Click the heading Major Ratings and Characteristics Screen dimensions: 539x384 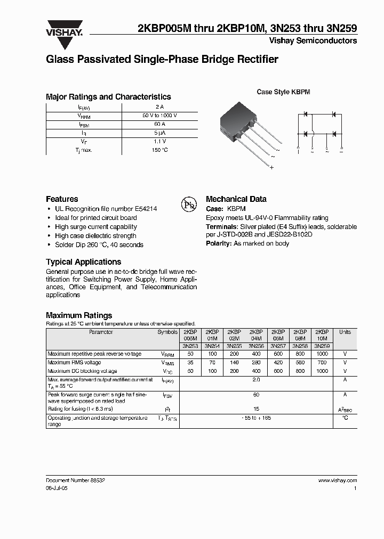pos(108,97)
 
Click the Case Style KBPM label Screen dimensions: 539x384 pos(283,92)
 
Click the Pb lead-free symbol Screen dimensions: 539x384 pos(188,205)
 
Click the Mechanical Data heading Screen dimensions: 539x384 pos(236,199)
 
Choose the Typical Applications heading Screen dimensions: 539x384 pos(83,262)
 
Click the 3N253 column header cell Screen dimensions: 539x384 pos(190,346)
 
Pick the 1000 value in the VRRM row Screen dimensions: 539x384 pos(322,354)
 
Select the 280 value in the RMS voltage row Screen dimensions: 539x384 pos(256,363)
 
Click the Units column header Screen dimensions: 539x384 pos(345,332)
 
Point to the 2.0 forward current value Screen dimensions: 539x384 pos(256,380)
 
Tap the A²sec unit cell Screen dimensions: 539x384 pos(345,409)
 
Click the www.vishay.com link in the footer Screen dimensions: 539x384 pos(338,480)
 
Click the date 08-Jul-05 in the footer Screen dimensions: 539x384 pos(57,488)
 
